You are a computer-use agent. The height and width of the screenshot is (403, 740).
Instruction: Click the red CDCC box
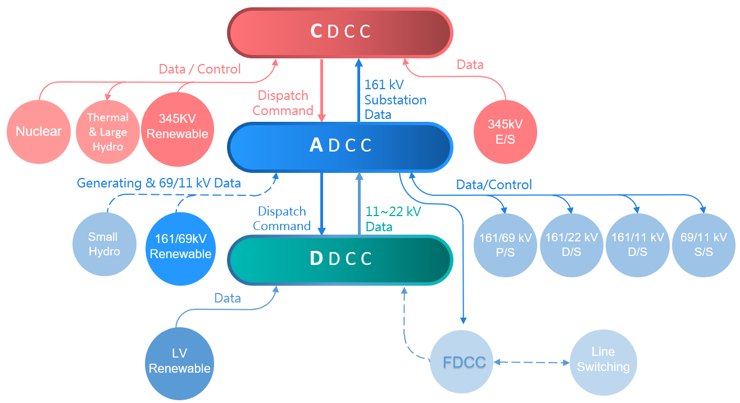point(341,32)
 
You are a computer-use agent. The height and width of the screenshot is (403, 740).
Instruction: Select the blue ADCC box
point(341,146)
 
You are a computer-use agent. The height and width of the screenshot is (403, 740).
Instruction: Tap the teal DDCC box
point(341,259)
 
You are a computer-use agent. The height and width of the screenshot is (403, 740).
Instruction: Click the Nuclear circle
point(39,132)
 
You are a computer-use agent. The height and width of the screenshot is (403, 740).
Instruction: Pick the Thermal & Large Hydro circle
point(108,132)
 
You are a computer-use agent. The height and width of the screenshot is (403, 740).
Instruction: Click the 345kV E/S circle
point(505,132)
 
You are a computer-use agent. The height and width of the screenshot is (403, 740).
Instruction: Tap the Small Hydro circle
point(104,244)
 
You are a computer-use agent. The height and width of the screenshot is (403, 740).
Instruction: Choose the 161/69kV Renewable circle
point(180,247)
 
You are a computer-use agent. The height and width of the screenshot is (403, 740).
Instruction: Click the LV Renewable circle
point(180,361)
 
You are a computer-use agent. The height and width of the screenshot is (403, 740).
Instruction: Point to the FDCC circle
point(464,362)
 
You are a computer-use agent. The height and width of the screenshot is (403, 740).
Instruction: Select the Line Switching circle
point(603,360)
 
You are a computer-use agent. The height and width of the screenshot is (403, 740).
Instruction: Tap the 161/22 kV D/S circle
point(571,245)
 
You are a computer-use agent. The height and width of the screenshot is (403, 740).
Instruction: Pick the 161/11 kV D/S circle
point(638,245)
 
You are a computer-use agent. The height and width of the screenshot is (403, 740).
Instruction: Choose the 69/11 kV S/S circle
point(703,245)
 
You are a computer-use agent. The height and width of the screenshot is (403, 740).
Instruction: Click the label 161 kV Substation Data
point(395,100)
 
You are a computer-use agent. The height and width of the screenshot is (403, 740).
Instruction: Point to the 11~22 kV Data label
point(393,219)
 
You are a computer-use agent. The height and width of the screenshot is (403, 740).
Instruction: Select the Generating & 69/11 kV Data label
point(158,183)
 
